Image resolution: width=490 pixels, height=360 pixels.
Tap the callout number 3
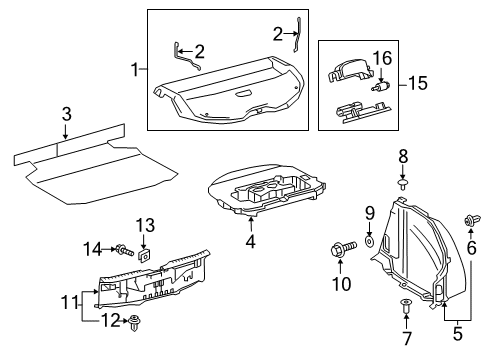coord(65,114)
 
